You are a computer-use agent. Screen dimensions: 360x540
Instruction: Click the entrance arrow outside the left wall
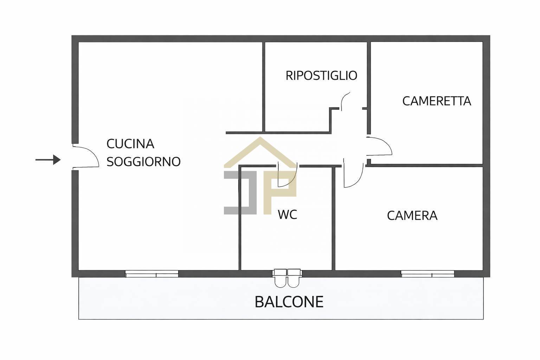click(x=48, y=160)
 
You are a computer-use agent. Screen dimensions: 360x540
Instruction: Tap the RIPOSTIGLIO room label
click(x=321, y=76)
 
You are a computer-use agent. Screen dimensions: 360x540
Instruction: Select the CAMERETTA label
click(x=436, y=101)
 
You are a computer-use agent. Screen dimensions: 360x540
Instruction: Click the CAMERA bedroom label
click(x=412, y=216)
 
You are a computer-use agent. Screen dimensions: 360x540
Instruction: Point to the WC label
click(x=287, y=214)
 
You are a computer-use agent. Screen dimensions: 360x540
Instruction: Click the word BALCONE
click(x=289, y=302)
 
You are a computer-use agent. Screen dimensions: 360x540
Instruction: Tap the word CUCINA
click(x=130, y=144)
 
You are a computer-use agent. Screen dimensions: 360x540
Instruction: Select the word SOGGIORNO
click(x=143, y=162)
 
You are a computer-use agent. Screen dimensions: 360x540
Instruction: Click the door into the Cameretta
click(x=379, y=146)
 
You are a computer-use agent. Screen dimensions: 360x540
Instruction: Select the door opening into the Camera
click(x=353, y=175)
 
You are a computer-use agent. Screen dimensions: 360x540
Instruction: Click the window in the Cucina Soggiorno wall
click(x=152, y=274)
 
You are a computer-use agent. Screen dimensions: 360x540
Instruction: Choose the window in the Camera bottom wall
click(x=427, y=274)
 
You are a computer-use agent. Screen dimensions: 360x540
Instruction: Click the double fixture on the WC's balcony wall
click(x=287, y=278)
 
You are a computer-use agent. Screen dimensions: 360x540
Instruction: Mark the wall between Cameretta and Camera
click(x=425, y=165)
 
